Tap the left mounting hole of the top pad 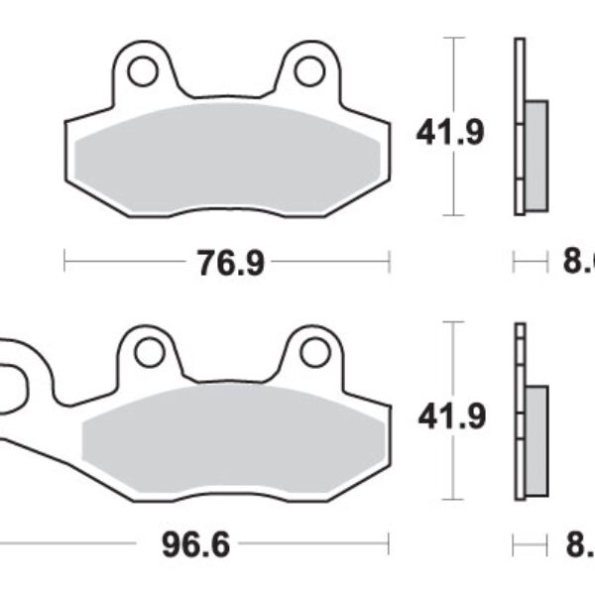pos(142,70)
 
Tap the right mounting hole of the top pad pos(310,70)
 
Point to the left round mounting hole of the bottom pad pos(149,352)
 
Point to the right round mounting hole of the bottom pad pos(314,352)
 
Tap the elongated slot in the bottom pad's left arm pos(10,383)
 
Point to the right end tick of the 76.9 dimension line pos(389,262)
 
